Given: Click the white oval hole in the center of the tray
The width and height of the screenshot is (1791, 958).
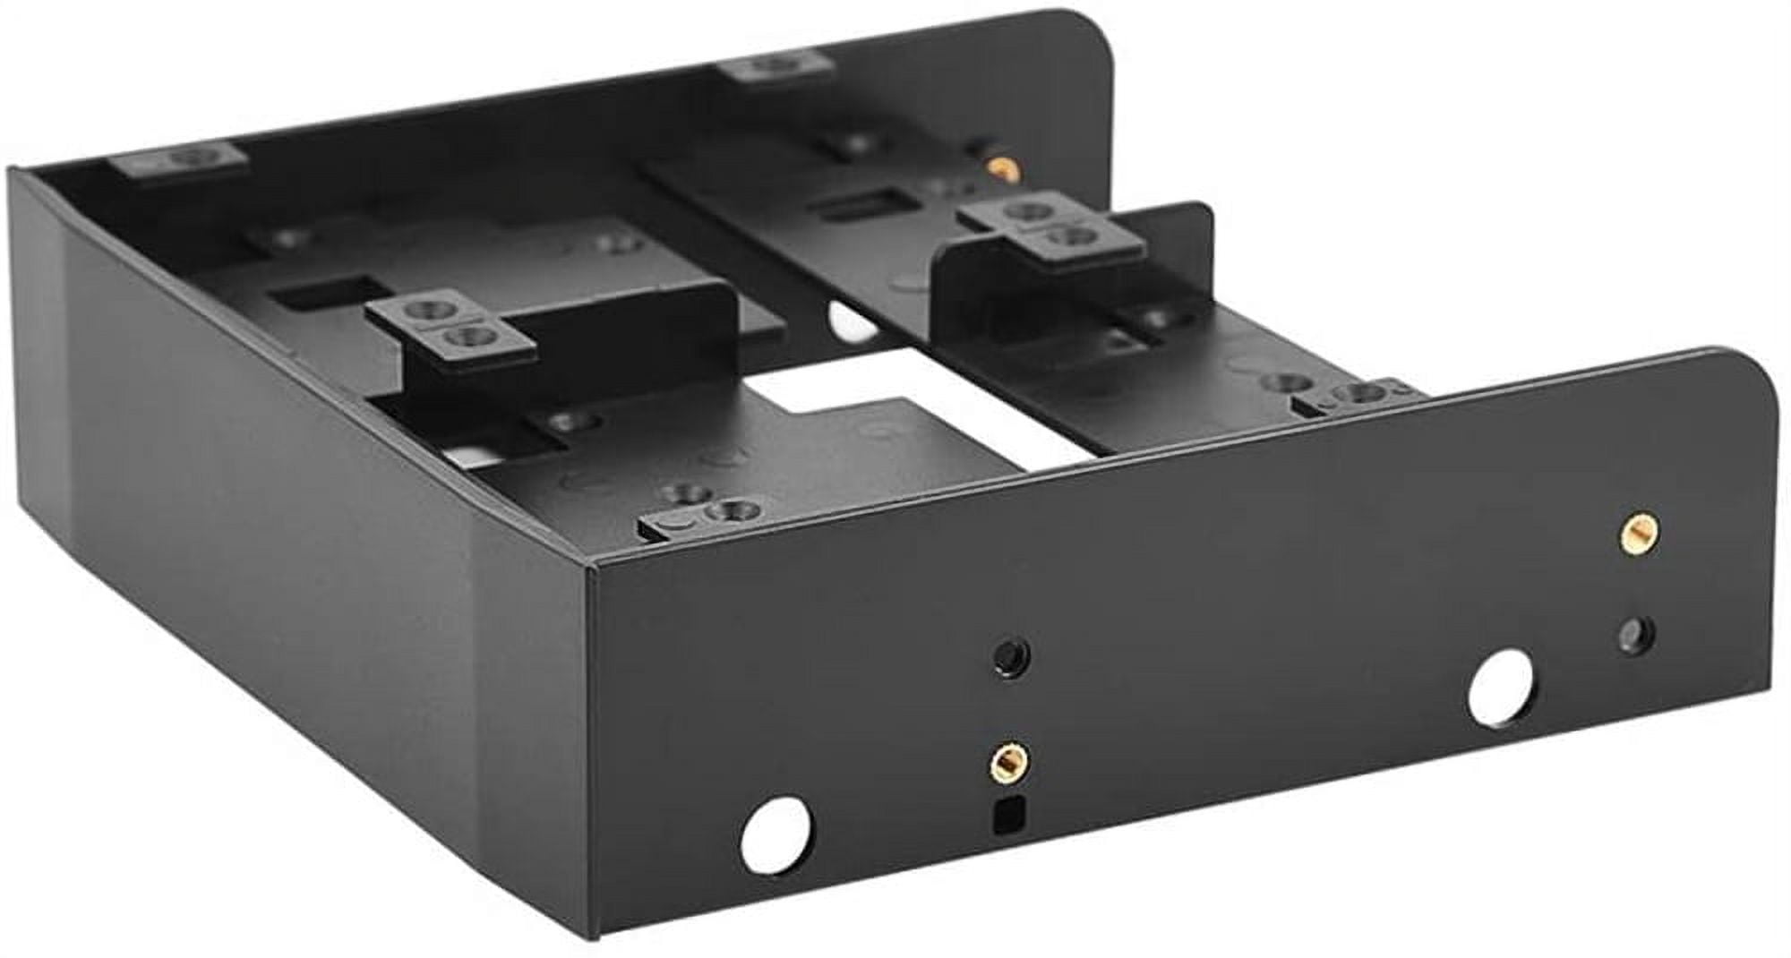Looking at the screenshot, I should [x=851, y=320].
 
